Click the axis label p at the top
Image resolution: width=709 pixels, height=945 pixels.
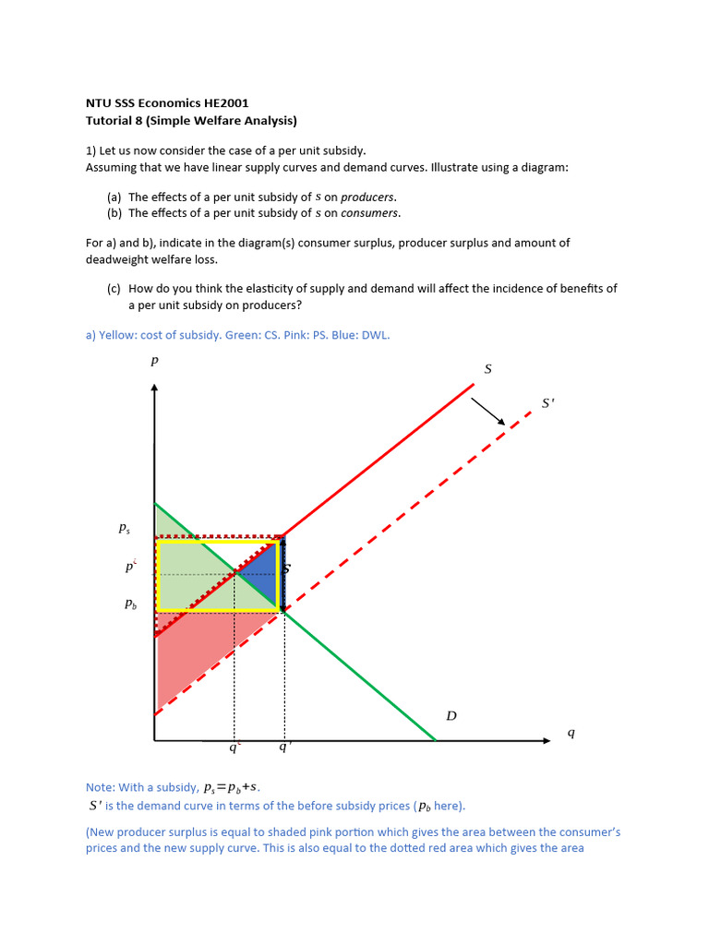[x=154, y=362]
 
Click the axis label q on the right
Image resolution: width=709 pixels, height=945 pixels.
[x=571, y=733]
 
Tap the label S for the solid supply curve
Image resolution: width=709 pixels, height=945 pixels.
[x=488, y=369]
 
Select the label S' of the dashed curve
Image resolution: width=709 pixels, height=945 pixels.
[x=548, y=403]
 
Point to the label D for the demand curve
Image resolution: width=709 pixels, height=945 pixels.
[x=451, y=716]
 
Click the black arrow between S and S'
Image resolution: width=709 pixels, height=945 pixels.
[x=488, y=412]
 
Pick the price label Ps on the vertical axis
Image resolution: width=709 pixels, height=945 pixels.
[x=125, y=528]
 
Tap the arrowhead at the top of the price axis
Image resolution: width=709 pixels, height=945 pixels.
[x=154, y=389]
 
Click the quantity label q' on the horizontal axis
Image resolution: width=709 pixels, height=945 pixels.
[x=284, y=748]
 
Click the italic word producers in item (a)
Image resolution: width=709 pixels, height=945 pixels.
[x=367, y=197]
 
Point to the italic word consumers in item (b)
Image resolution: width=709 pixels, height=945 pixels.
[x=369, y=213]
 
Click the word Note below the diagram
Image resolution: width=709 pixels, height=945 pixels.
[x=101, y=787]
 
